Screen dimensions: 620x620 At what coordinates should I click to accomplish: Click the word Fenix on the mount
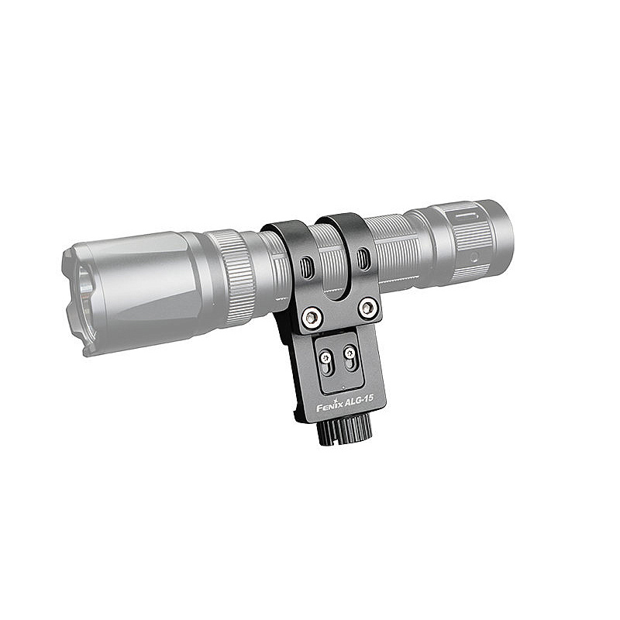329,406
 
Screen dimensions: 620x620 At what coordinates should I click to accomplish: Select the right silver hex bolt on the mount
367,307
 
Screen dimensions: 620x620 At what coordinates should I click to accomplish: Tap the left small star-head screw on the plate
325,358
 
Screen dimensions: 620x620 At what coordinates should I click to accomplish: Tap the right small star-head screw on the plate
350,352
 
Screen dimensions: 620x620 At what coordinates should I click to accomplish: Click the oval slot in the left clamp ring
305,267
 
